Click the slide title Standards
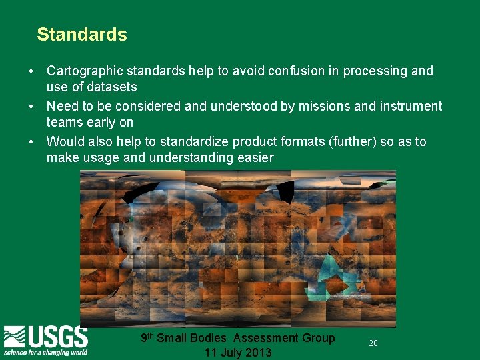pyautogui.click(x=82, y=35)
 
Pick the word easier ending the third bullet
pyautogui.click(x=255, y=158)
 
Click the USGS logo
pyautogui.click(x=45, y=337)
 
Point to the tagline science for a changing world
pyautogui.click(x=45, y=351)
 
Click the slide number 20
pyautogui.click(x=373, y=343)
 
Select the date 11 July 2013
pyautogui.click(x=238, y=353)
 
